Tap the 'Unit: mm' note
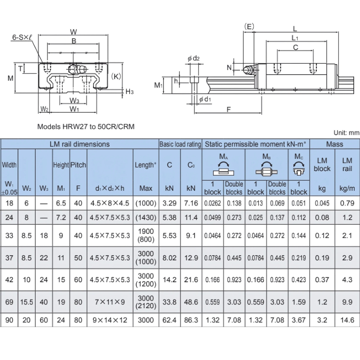pos(346,132)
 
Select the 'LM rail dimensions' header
pos(80,144)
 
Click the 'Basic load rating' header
pos(180,144)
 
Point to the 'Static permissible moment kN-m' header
pos(256,144)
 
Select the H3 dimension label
pos(130,92)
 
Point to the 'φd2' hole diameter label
pos(193,59)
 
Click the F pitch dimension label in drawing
pos(229,110)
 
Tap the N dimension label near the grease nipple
pos(229,67)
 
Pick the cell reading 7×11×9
pos(110,302)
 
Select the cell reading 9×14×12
pos(110,320)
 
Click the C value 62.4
pos(170,320)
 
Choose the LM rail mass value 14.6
pos(347,320)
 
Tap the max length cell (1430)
pos(146,217)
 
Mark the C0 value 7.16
pos(191,203)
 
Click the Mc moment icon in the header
pos(298,168)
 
